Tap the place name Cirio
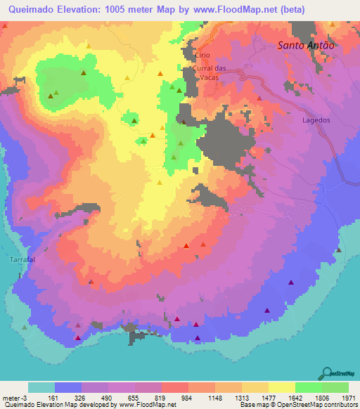click(x=203, y=55)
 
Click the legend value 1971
click(x=347, y=397)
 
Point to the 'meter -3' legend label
click(x=14, y=397)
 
